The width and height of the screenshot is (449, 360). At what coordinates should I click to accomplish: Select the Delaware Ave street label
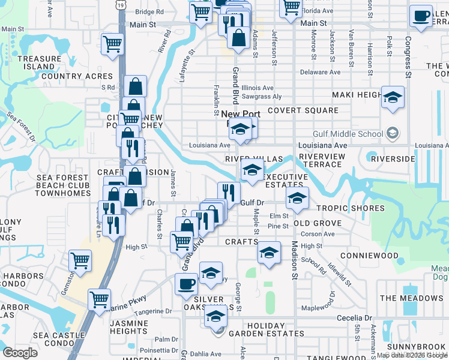tap(320, 72)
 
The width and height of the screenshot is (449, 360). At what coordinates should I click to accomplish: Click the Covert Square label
tap(303, 110)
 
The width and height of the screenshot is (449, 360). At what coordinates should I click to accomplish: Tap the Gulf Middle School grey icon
tap(393, 133)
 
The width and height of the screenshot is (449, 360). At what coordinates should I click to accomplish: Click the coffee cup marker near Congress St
tap(421, 16)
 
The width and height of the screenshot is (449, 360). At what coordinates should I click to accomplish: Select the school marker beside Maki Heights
tap(393, 98)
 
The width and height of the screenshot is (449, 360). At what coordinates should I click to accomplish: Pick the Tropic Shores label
tap(351, 208)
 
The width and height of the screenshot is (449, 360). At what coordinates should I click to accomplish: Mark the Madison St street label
tap(295, 261)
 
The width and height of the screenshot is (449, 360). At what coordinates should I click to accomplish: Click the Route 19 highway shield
tap(122, 5)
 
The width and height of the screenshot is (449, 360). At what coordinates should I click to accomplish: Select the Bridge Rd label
tap(149, 11)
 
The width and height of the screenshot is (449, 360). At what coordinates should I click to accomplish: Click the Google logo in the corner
tap(20, 352)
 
